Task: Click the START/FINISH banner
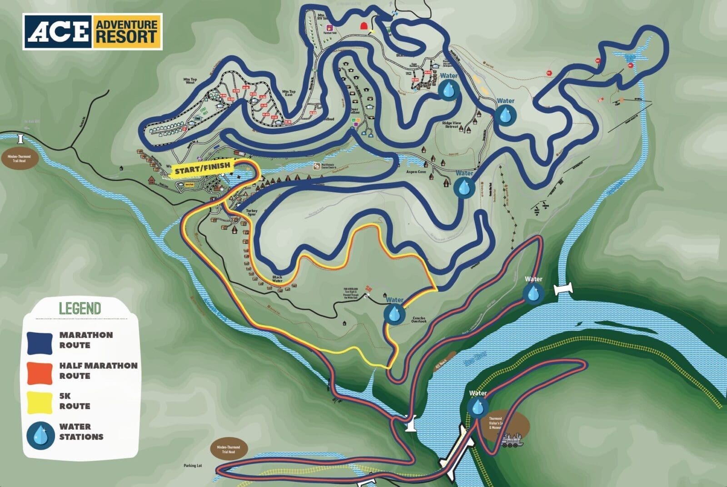coord(203,169)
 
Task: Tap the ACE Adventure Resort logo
coord(93,31)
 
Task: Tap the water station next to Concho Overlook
coord(393,314)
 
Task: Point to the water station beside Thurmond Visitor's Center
coord(477,407)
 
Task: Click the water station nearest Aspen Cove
coord(464,187)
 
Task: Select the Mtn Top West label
coord(189,81)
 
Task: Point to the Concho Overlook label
coord(419,319)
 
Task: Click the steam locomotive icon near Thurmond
coord(511,441)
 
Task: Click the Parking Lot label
coord(192,466)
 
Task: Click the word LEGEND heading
coord(80,309)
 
